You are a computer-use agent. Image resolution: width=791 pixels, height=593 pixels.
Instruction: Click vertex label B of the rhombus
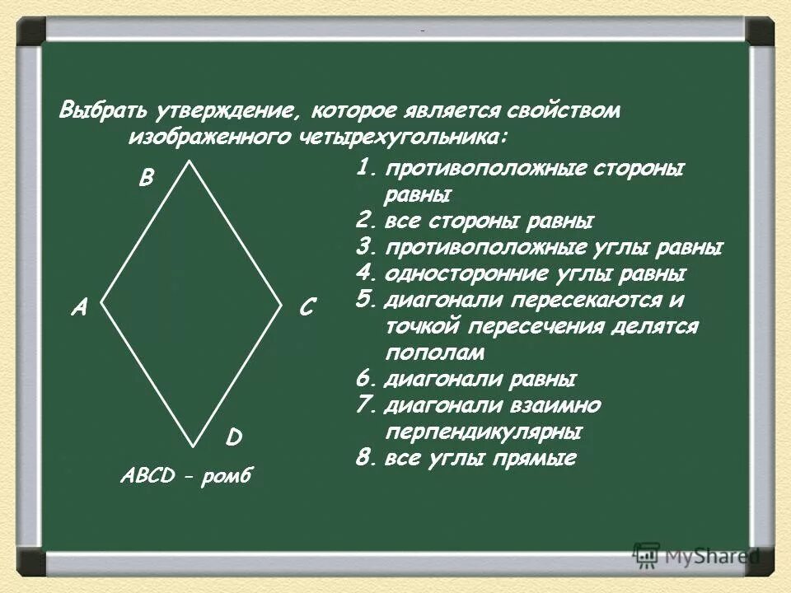(146, 178)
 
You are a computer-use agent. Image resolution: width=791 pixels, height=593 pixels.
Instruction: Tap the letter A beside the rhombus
(79, 307)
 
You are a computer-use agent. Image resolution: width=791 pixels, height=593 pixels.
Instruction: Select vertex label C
(307, 309)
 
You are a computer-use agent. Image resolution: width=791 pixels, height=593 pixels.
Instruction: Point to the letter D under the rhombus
(234, 437)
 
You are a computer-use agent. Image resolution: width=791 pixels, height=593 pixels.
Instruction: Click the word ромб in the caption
(230, 475)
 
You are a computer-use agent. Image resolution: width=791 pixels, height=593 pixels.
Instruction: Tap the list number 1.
(365, 168)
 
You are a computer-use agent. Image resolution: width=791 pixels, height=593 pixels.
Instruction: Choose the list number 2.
(366, 221)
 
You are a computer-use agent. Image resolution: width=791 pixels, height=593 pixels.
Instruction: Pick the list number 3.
(366, 247)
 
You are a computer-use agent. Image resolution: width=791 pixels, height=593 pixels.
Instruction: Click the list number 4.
(366, 273)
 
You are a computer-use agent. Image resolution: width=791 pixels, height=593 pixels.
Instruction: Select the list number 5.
(366, 299)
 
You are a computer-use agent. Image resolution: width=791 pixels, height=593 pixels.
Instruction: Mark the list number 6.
(366, 380)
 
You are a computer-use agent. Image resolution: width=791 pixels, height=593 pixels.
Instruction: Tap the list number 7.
(366, 405)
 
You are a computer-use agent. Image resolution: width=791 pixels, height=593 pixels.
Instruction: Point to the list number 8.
(366, 458)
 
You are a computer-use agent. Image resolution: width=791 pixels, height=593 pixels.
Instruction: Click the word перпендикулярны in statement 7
(484, 432)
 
